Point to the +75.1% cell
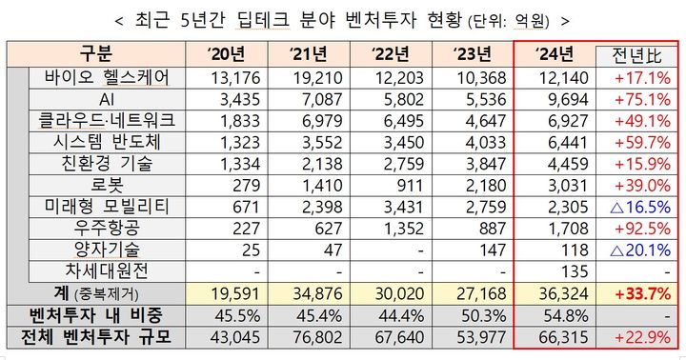point(636,99)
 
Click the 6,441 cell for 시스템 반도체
point(553,142)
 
